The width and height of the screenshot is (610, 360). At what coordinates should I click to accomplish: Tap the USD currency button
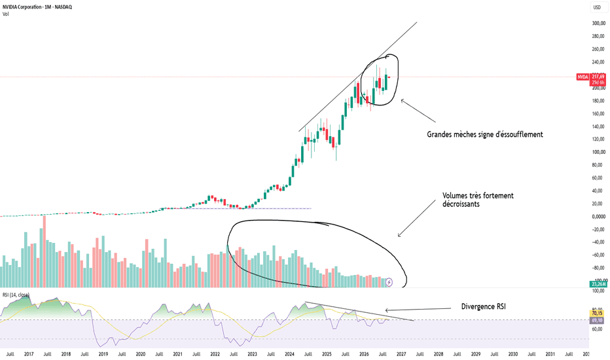point(597,7)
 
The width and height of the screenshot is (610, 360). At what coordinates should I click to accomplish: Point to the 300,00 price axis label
point(598,24)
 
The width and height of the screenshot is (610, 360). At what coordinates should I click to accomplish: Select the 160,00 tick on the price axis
point(598,114)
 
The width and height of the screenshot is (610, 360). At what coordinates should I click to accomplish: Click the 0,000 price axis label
point(598,217)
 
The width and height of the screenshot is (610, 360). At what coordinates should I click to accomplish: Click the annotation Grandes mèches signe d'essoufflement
point(485,135)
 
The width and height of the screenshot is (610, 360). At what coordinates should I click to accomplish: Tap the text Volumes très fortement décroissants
point(478,200)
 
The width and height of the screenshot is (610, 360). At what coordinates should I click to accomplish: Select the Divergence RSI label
point(484,307)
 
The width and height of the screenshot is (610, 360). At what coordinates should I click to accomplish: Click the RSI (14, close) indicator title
point(16,295)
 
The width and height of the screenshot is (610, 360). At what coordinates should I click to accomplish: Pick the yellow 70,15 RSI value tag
point(597,314)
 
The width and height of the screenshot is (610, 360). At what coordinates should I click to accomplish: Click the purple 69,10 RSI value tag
point(597,320)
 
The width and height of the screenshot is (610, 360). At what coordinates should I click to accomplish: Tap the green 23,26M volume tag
point(598,284)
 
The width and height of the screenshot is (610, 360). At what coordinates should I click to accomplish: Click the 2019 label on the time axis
point(103,354)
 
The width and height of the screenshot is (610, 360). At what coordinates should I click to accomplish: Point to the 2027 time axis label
point(401,354)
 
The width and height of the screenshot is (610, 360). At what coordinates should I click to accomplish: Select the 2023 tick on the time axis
point(252,354)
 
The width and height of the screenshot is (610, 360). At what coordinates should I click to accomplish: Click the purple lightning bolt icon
point(389,283)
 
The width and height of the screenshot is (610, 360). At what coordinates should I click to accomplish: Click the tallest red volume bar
point(44,251)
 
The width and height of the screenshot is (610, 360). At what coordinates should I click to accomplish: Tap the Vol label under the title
point(5,14)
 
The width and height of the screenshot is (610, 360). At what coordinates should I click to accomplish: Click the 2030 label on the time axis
point(512,354)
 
